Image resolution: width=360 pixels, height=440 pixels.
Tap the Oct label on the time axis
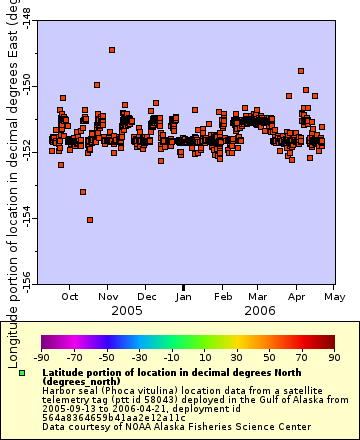coord(71,297)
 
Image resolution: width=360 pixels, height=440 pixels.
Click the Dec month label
coord(146,297)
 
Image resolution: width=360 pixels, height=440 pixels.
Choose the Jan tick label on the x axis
coord(184,297)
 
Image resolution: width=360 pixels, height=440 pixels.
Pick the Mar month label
coord(258,297)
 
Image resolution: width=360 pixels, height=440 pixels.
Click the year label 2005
coord(127,311)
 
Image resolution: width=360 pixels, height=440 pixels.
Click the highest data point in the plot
coord(112,49)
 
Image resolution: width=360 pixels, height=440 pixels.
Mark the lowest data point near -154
coord(90,220)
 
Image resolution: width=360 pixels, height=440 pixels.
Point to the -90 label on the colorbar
coord(41,356)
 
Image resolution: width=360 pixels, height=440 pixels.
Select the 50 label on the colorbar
coord(269,356)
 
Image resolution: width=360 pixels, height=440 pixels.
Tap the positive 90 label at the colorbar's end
coord(333,356)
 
